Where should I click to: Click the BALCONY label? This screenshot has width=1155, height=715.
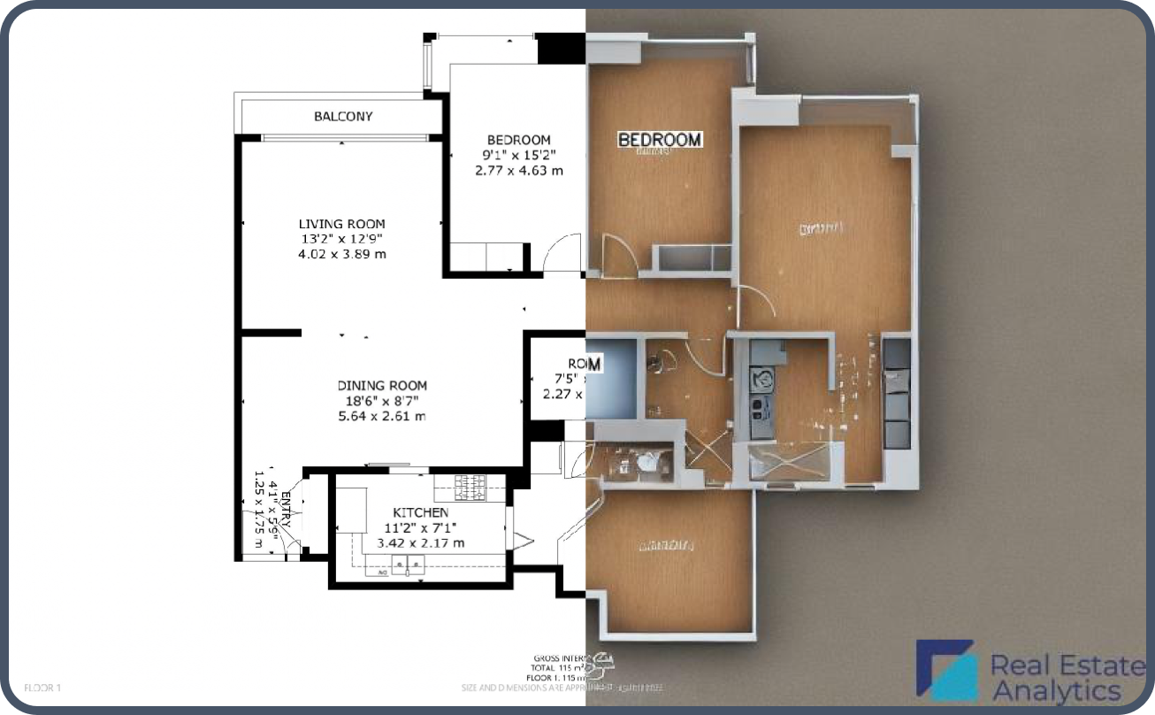tap(343, 116)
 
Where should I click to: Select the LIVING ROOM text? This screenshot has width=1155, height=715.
tap(341, 224)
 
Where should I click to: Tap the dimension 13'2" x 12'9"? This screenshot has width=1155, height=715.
tap(341, 239)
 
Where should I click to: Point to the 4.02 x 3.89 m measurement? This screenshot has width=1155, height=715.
tap(341, 254)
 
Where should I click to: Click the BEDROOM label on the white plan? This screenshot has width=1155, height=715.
tap(518, 140)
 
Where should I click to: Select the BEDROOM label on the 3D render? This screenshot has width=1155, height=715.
tap(660, 140)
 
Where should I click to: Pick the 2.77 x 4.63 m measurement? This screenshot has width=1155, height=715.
tap(518, 170)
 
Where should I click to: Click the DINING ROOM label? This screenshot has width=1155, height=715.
tap(382, 385)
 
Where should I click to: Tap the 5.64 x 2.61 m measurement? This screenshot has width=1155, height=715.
tap(382, 416)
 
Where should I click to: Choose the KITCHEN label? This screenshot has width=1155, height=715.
tap(420, 512)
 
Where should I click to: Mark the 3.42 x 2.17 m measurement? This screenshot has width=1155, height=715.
tap(420, 542)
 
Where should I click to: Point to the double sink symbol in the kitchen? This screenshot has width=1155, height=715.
tap(409, 564)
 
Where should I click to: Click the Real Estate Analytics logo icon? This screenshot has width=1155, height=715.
tap(945, 670)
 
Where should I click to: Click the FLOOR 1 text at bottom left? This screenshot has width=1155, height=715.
tap(42, 687)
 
